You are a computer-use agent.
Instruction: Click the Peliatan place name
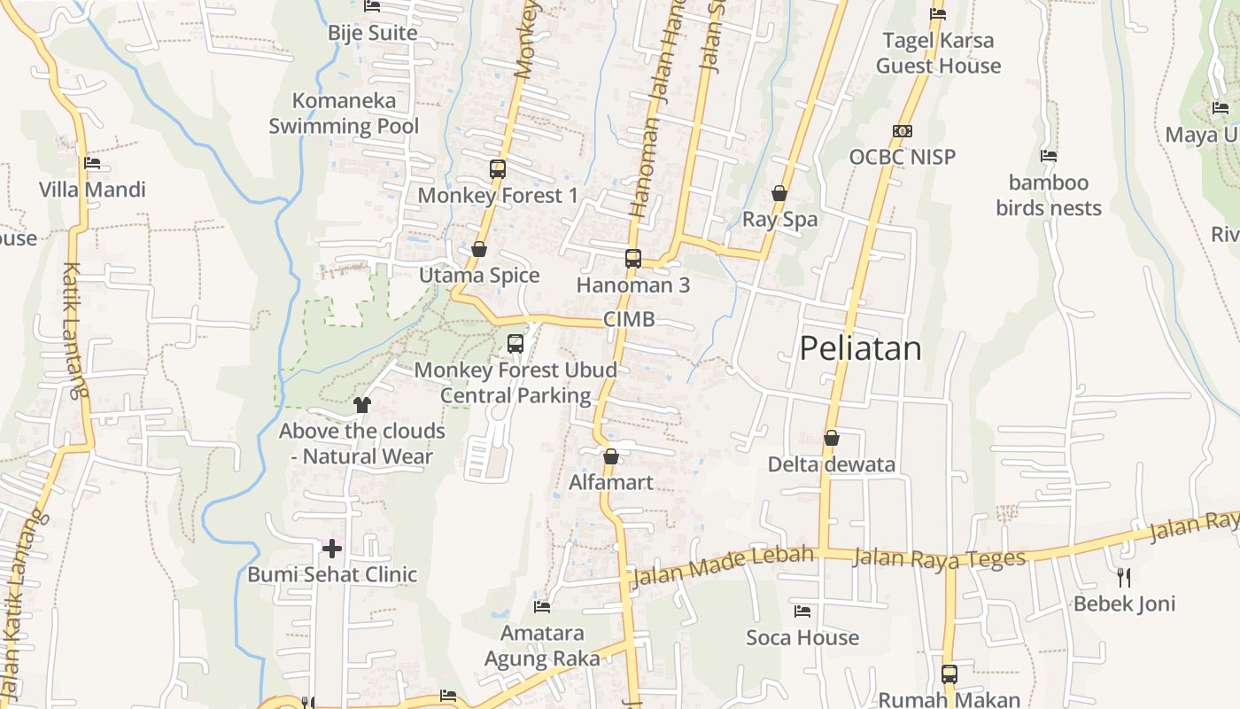tap(860, 348)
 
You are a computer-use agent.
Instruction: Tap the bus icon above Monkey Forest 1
tap(498, 168)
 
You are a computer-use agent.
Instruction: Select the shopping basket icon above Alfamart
tap(610, 456)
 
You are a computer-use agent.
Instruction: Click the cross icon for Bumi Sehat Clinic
tap(332, 549)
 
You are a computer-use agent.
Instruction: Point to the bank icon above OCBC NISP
tap(903, 131)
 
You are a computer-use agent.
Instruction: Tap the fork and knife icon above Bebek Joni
tap(1124, 578)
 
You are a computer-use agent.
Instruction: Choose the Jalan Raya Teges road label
tap(939, 558)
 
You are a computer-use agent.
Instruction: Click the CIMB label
tap(629, 320)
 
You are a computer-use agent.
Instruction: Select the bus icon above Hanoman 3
tap(632, 259)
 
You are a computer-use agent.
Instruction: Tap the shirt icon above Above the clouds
tap(361, 405)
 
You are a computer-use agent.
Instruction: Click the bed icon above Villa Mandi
tap(92, 163)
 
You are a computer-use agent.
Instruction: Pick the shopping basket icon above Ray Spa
tap(779, 193)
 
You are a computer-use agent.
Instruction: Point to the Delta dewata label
tap(831, 464)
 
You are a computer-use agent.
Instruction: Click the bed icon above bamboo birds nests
tap(1049, 156)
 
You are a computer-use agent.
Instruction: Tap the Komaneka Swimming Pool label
tap(344, 113)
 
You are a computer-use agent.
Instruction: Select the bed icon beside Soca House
tap(802, 612)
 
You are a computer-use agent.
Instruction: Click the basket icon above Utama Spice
tap(479, 249)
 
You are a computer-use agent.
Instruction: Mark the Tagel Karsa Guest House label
tap(938, 53)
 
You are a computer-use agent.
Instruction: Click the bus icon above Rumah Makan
tap(949, 674)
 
